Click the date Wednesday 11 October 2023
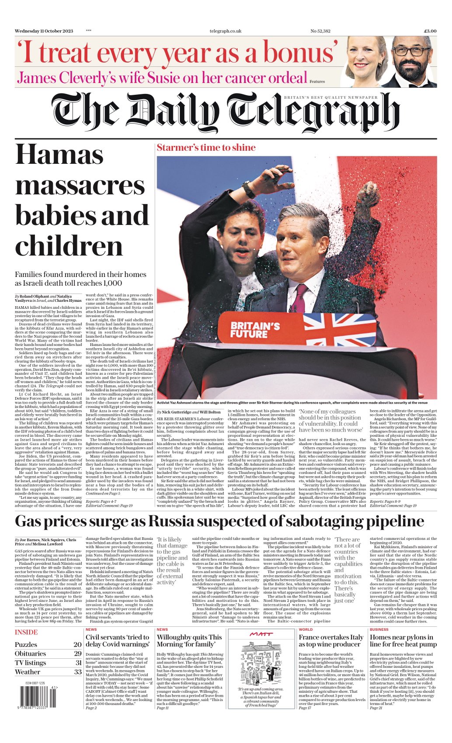pos(44,31)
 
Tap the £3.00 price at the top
pos(430,31)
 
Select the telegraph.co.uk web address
pos(226,31)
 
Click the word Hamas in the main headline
pos(59,156)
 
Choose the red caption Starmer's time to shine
pos(206,148)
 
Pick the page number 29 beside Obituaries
pos(78,653)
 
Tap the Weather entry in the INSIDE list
pos(27,672)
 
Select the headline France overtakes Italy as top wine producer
pos(331,641)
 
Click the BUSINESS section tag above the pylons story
pos(379,629)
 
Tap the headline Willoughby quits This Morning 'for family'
pos(189,641)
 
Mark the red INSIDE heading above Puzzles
pos(26,632)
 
